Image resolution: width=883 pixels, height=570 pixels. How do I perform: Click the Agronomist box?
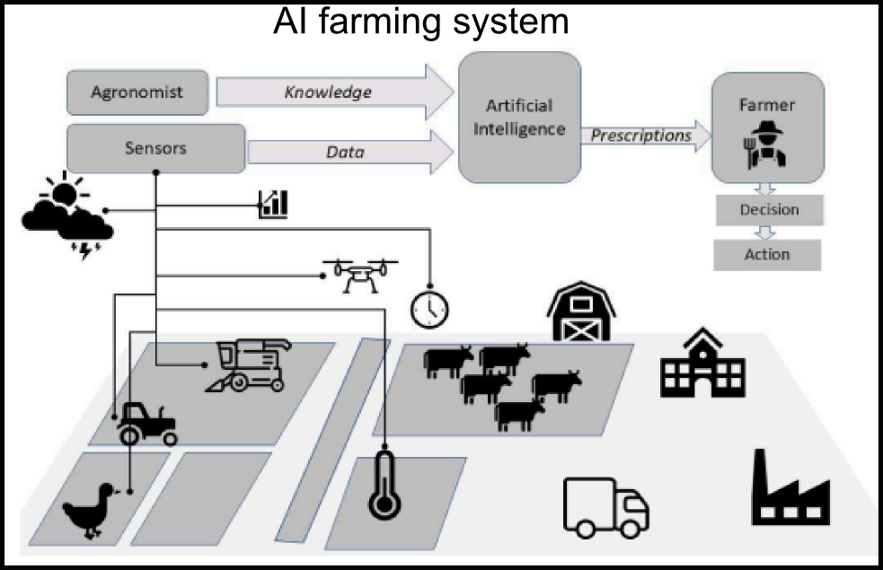tap(137, 92)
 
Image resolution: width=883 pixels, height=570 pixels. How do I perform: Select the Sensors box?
tap(155, 148)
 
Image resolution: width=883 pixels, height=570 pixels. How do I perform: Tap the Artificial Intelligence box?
tap(519, 118)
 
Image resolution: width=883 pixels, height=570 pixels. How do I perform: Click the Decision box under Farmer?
tap(769, 210)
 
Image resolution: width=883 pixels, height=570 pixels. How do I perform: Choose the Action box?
tap(767, 255)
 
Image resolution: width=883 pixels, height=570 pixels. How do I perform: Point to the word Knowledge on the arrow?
tap(328, 92)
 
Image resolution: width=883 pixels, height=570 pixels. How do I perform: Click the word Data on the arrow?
tap(345, 152)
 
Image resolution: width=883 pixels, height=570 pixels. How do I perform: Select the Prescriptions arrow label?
tap(640, 136)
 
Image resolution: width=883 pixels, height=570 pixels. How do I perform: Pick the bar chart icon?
tap(273, 204)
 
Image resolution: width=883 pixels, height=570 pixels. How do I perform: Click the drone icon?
tap(360, 275)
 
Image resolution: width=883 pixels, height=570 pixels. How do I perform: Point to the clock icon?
tap(429, 308)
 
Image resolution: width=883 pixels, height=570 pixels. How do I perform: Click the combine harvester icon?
tap(250, 364)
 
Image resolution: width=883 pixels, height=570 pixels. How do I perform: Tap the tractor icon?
tap(146, 423)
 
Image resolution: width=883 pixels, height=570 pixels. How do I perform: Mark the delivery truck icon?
tap(605, 505)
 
